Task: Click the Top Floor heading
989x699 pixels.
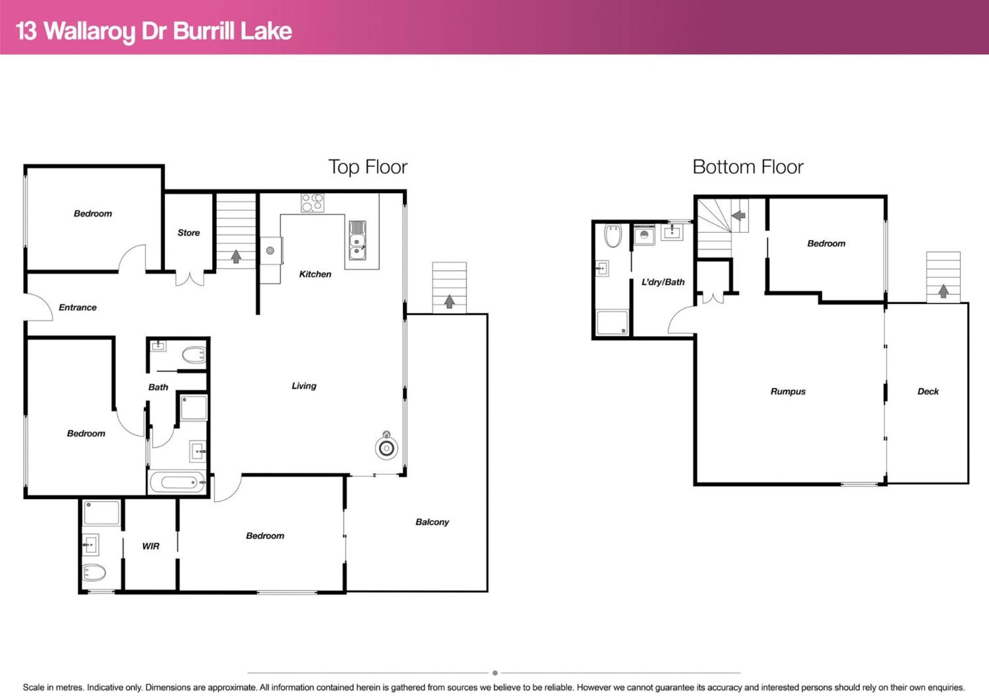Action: (368, 167)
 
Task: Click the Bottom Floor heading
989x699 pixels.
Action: (748, 167)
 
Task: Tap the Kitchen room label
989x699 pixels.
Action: (315, 274)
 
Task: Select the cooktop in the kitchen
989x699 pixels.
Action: (313, 202)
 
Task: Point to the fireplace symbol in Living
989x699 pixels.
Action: (386, 446)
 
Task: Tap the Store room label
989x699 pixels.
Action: (189, 233)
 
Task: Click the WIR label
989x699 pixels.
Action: (151, 546)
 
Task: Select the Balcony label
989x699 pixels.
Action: (432, 522)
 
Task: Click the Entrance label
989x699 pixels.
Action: (78, 308)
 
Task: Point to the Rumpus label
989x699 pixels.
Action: (788, 391)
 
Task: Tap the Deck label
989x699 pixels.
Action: (928, 391)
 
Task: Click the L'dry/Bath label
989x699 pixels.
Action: (663, 282)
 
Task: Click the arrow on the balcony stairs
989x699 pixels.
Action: (449, 301)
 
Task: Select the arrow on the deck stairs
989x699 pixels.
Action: (943, 291)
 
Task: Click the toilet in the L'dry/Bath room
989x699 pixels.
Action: (613, 235)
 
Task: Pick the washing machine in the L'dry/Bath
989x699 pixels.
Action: (644, 235)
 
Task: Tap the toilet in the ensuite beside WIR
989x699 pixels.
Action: (94, 572)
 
